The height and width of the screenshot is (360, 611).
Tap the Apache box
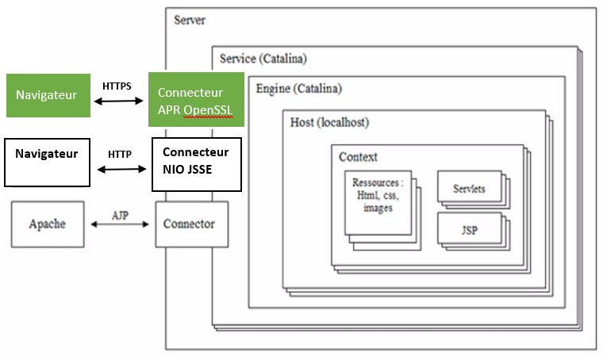click(47, 224)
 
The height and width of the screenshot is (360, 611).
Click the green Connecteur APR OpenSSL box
click(195, 100)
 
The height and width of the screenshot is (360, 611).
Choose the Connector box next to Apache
click(189, 224)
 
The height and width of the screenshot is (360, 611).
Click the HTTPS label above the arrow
click(117, 85)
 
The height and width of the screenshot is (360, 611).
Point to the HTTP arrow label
click(120, 154)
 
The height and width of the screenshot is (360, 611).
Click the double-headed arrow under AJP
click(121, 225)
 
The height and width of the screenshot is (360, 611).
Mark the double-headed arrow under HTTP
click(122, 169)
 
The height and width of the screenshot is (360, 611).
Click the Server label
click(190, 19)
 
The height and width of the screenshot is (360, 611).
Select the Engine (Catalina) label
click(299, 88)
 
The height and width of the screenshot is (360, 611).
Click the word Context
click(358, 156)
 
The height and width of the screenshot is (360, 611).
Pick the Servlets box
click(468, 190)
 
